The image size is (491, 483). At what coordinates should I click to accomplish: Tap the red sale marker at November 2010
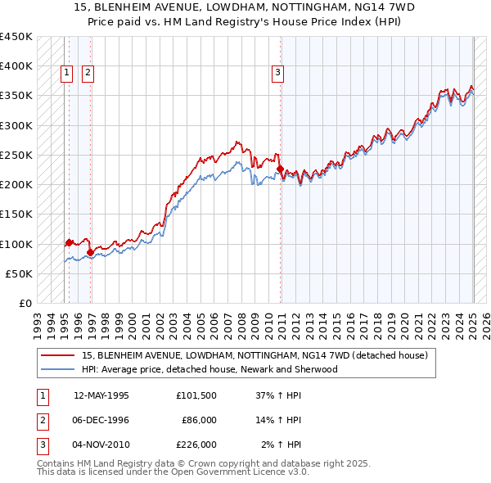[x=280, y=169]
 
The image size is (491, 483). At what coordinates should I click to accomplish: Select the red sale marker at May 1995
[x=69, y=242]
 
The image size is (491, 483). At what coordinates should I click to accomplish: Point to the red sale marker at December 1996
[x=90, y=252]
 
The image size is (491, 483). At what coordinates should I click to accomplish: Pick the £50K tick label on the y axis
[x=19, y=273]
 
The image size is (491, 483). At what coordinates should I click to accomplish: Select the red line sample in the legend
[x=58, y=356]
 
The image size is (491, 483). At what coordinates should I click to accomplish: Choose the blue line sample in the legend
[x=58, y=369]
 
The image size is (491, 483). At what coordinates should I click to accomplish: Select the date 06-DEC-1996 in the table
[x=101, y=420]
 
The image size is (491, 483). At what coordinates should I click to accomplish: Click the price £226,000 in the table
[x=196, y=445]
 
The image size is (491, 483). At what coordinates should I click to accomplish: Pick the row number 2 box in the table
[x=42, y=420]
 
